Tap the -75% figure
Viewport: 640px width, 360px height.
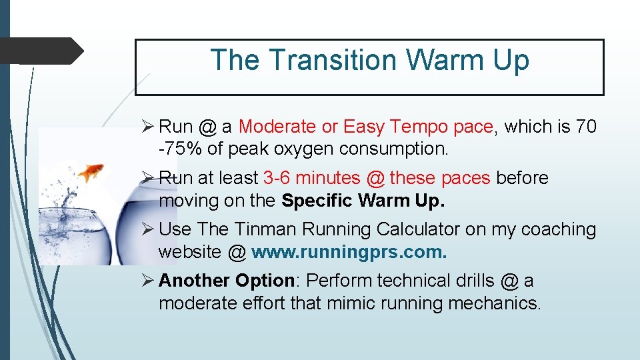click(x=181, y=149)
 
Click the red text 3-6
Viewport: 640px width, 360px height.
click(x=277, y=178)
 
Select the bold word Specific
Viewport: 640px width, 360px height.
click(x=315, y=200)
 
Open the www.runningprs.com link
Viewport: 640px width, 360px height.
click(x=349, y=252)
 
